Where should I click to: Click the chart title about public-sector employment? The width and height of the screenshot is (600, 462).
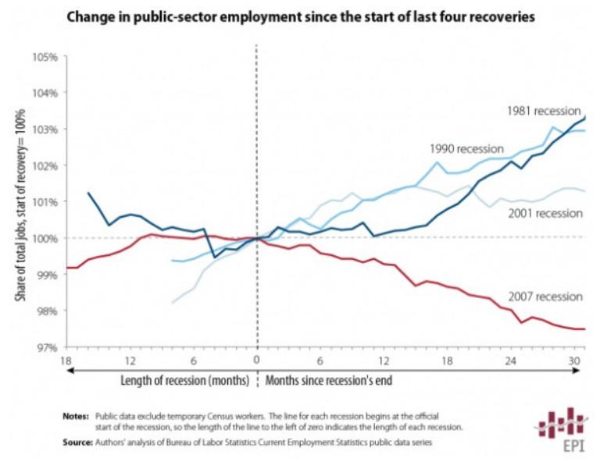300,16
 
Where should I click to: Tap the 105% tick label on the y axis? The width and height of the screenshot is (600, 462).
47,57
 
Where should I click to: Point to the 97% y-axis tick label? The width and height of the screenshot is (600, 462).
48,346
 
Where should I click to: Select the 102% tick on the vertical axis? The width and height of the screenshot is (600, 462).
47,165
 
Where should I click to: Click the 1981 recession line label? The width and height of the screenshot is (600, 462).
542,111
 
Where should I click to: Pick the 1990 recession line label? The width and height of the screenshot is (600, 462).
467,148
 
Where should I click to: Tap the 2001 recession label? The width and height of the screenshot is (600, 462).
544,213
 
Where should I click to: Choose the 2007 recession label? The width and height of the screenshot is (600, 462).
544,297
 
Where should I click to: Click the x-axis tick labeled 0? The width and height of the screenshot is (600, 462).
256,361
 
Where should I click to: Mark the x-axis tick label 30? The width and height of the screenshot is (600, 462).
575,361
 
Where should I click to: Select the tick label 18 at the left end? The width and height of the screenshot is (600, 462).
66,361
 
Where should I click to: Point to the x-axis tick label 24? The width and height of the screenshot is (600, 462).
512,361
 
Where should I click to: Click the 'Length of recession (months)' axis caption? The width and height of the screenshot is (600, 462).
184,382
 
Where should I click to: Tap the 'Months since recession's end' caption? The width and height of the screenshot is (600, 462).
329,382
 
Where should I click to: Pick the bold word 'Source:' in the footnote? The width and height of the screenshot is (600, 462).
77,442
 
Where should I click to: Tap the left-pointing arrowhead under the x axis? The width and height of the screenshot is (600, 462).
71,372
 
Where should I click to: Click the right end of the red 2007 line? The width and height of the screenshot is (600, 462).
584,329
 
